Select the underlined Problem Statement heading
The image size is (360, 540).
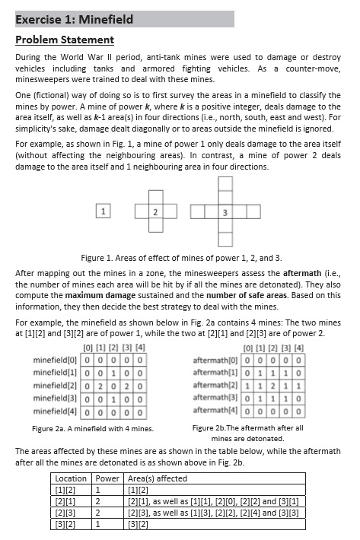[64, 40]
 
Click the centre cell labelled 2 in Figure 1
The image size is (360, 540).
[155, 211]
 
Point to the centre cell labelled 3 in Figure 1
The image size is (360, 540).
[225, 211]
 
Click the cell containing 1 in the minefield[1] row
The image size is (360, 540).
[113, 371]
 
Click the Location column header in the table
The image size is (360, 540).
[71, 479]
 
